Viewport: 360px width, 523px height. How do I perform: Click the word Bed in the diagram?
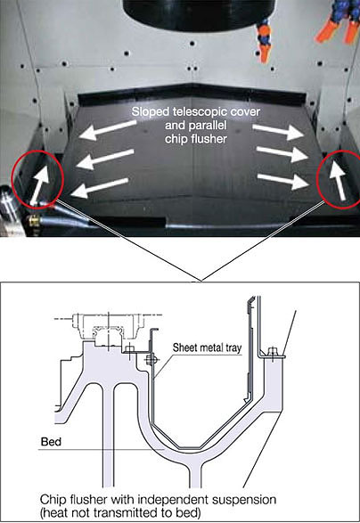tap(51, 442)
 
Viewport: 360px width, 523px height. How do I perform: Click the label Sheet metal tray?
tap(207, 348)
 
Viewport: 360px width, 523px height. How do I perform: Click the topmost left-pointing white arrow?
tap(108, 129)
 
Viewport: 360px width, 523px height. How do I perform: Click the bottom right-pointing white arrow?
tap(283, 181)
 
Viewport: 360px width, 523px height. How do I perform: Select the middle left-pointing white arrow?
tap(105, 158)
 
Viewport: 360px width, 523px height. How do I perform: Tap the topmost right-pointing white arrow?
tap(278, 131)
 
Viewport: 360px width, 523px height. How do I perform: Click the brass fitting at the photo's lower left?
tap(33, 220)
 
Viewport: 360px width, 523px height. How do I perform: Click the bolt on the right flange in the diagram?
tap(273, 353)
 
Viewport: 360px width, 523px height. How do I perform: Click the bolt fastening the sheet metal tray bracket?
tap(151, 360)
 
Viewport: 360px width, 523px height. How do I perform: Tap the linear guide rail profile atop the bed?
tap(109, 336)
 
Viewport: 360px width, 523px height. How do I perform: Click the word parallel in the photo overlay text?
tap(196, 126)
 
